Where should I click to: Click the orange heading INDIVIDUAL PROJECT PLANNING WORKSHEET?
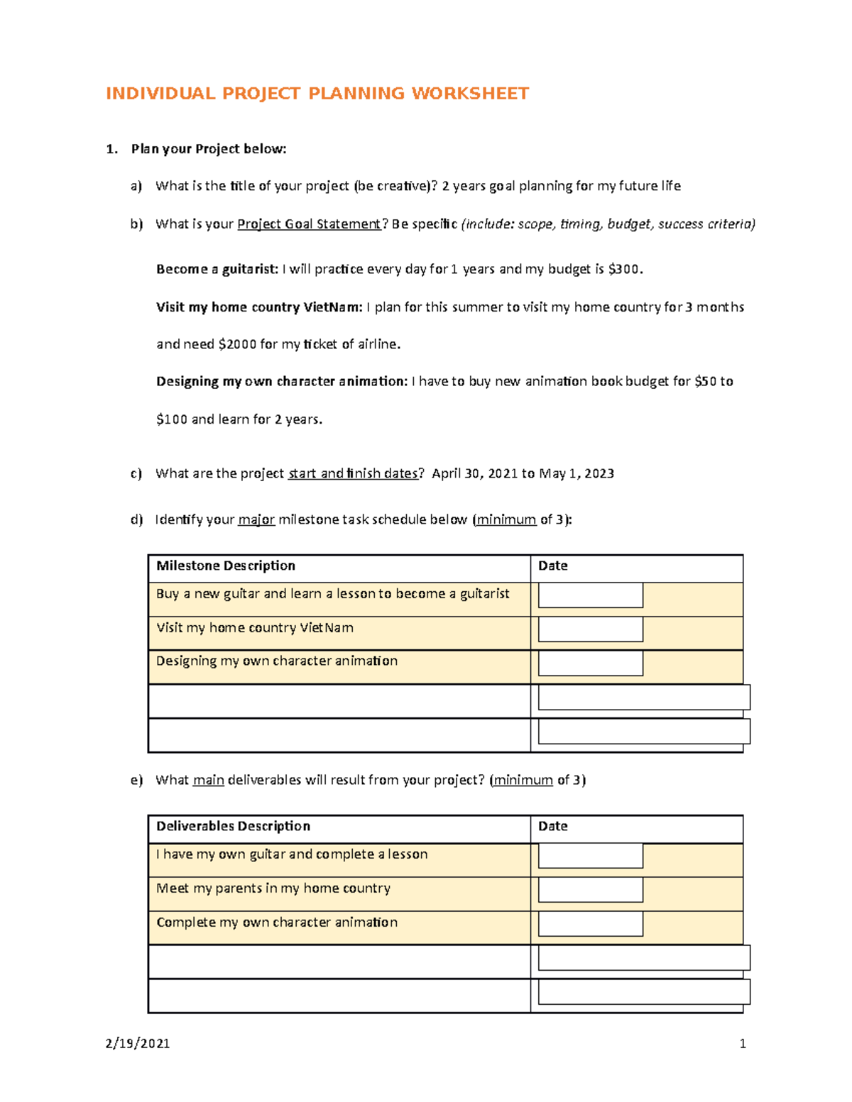pos(317,94)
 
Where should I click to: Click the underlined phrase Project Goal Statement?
pos(309,224)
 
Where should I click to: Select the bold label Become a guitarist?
pos(217,269)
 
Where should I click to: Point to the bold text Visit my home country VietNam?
pos(259,307)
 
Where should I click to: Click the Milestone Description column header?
pos(226,566)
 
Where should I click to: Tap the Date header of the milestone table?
pos(552,566)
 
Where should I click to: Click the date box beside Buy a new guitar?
pos(590,595)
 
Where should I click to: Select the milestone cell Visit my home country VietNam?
pos(255,628)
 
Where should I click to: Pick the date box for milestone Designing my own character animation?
pos(590,663)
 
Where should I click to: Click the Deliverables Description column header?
pos(233,826)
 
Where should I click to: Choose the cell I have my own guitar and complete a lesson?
pos(292,854)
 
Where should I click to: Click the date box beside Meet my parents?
pos(590,890)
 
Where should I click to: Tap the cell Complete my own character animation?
pos(277,922)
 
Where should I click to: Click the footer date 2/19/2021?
pos(137,1043)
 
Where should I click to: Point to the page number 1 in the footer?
pos(743,1043)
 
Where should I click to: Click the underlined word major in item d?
pos(256,520)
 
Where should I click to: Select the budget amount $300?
pos(625,269)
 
